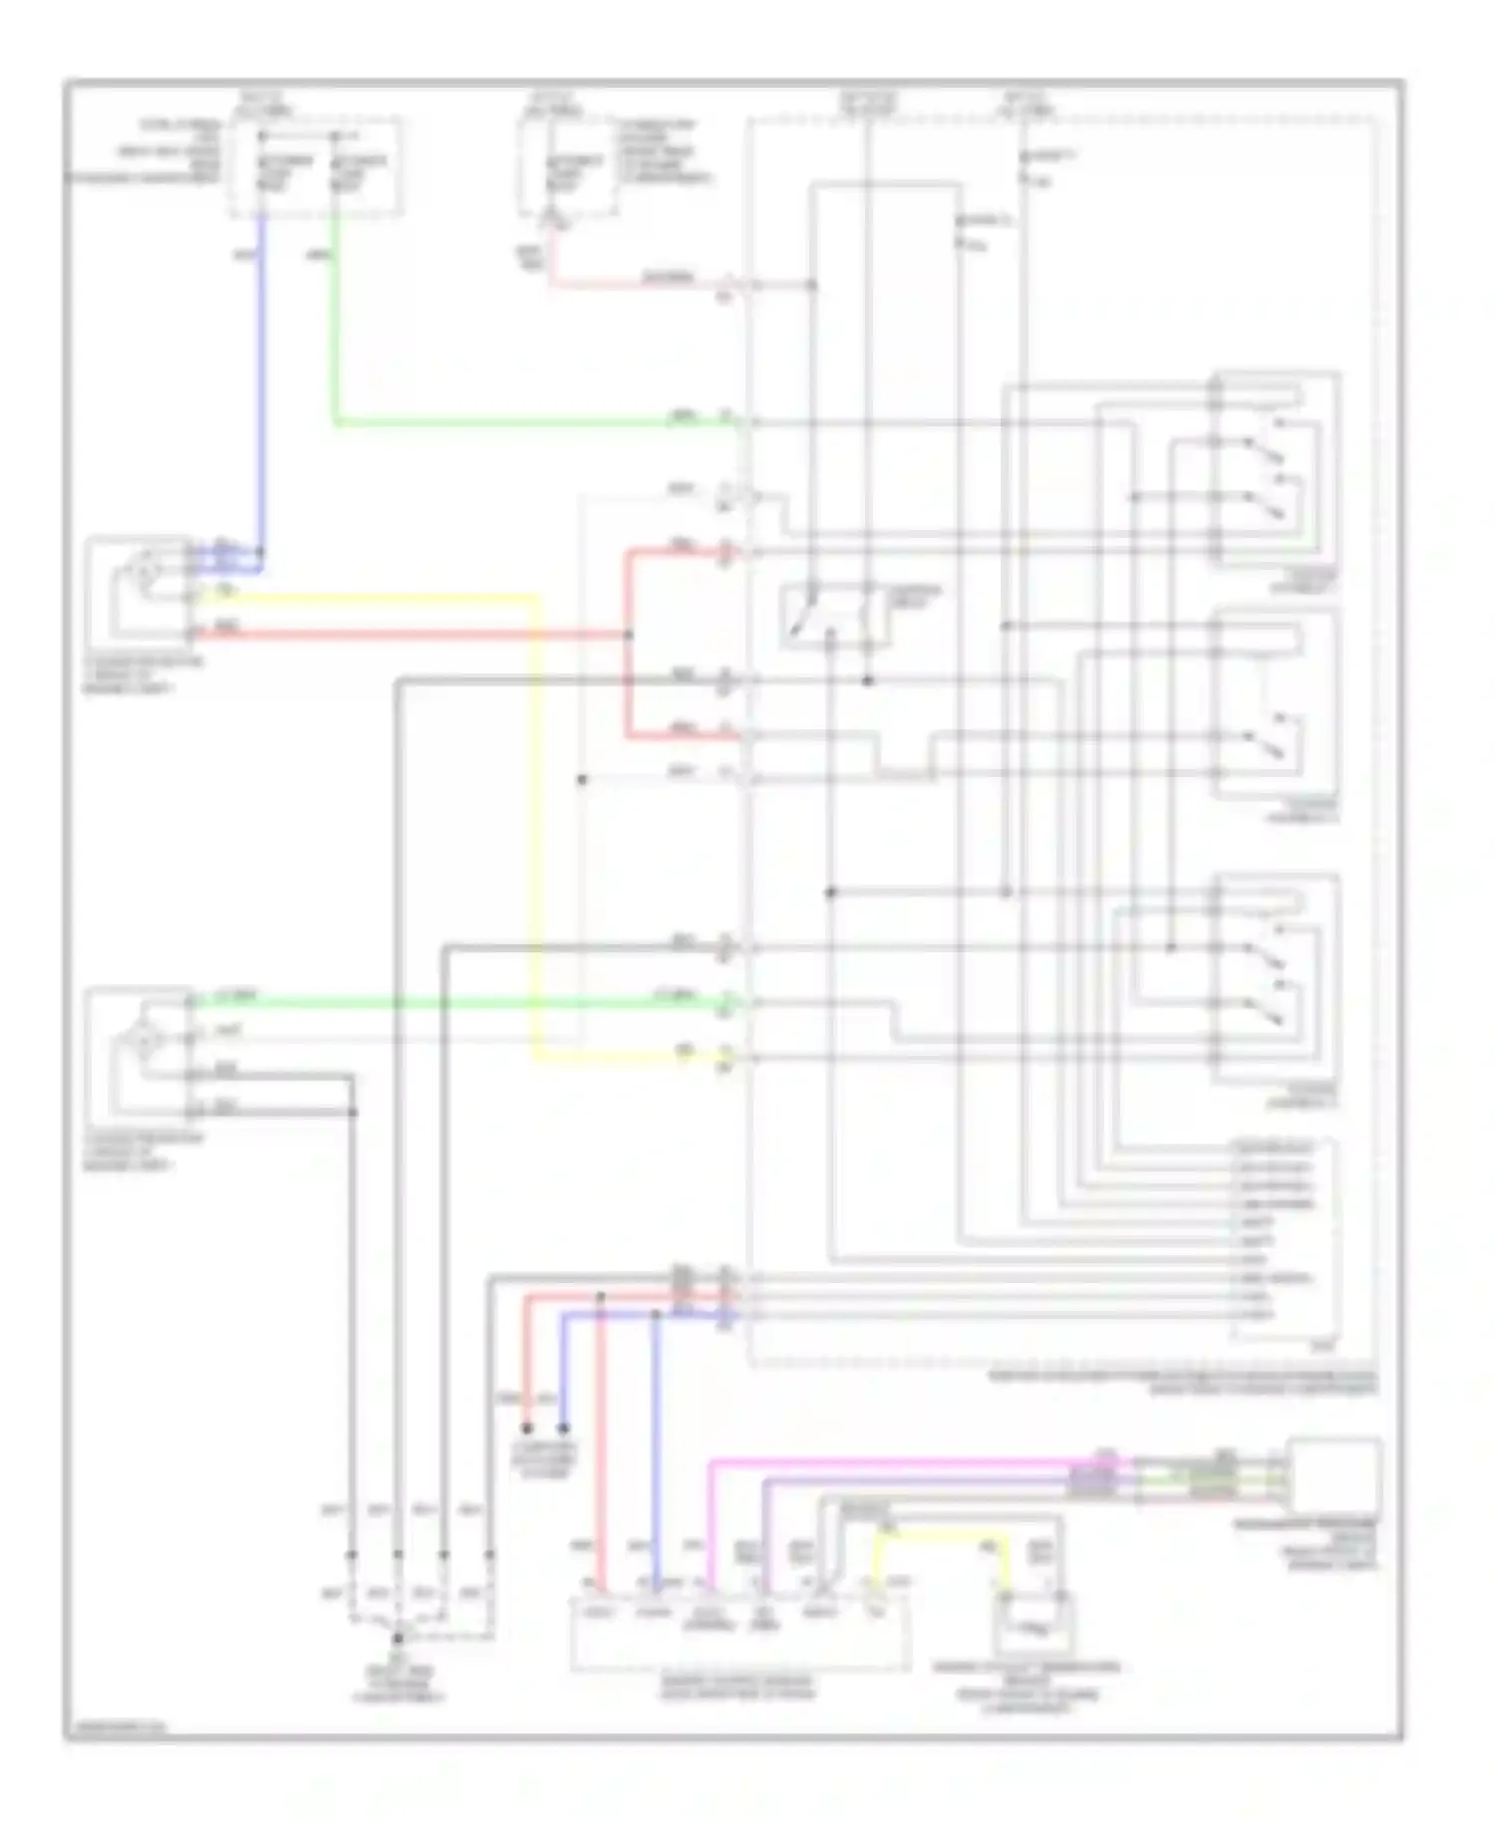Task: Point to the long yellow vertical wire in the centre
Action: (x=538, y=827)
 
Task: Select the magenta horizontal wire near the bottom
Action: (x=897, y=1462)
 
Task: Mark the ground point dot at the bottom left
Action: (x=398, y=1638)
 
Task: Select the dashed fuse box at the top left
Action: (x=317, y=165)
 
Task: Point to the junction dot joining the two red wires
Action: (x=628, y=635)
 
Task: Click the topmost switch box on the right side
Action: (x=1276, y=468)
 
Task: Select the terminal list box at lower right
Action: (x=1286, y=1240)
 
